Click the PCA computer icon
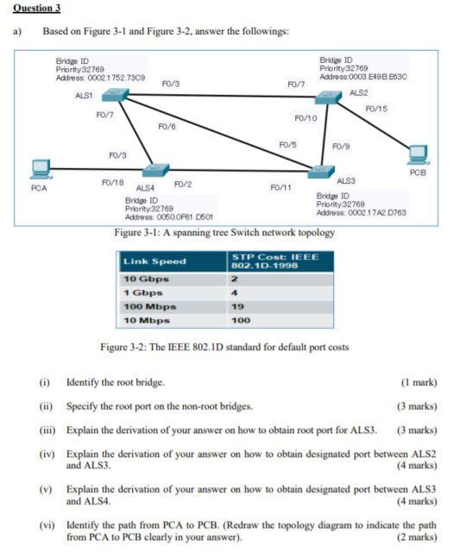coord(39,170)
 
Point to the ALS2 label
coord(359,92)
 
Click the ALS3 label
coord(346,180)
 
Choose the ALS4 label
coord(144,187)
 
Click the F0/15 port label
coord(376,109)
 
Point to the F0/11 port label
coord(280,186)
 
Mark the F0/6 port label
coord(167,127)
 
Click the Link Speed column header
coord(154,261)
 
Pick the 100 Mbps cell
coord(150,306)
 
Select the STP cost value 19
coord(236,306)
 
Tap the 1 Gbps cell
coord(144,292)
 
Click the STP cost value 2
coord(233,279)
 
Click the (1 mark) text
coord(419,381)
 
